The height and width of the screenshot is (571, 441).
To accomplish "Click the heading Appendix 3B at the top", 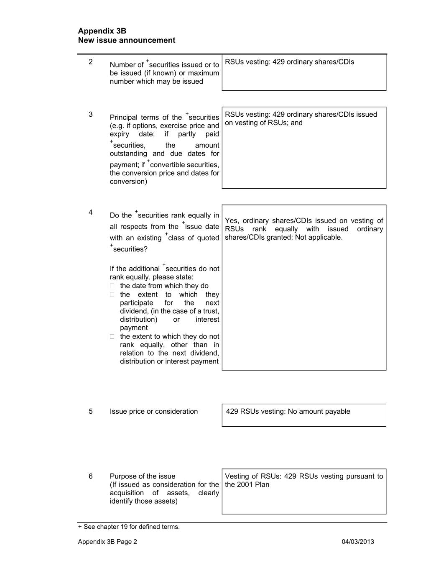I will pyautogui.click(x=102, y=31).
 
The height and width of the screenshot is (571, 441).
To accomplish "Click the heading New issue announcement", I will pyautogui.click(x=127, y=40).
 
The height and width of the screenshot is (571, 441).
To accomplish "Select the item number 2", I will pyautogui.click(x=91, y=62).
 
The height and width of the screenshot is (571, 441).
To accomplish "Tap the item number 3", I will pyautogui.click(x=91, y=115).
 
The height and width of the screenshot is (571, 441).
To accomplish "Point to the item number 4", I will pyautogui.click(x=91, y=213).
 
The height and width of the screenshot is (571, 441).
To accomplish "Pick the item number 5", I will pyautogui.click(x=91, y=412).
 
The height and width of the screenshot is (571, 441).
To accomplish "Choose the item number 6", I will pyautogui.click(x=91, y=476).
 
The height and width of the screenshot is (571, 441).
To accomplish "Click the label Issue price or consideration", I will pyautogui.click(x=154, y=412).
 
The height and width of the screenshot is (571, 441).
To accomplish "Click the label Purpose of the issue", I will pyautogui.click(x=143, y=476).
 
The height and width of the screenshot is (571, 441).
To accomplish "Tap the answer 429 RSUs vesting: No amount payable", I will pyautogui.click(x=288, y=412).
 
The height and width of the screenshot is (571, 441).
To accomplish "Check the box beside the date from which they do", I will pyautogui.click(x=112, y=286).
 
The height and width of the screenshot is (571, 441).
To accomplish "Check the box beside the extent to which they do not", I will pyautogui.click(x=112, y=337).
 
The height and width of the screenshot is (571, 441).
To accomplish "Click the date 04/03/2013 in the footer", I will pyautogui.click(x=358, y=542).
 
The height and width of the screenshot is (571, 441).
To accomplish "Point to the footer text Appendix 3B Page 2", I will pyautogui.click(x=107, y=542).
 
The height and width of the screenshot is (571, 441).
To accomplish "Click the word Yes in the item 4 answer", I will pyautogui.click(x=232, y=221).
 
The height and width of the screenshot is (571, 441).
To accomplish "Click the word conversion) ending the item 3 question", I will pyautogui.click(x=128, y=182).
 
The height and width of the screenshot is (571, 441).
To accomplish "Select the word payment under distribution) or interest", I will pyautogui.click(x=134, y=328).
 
